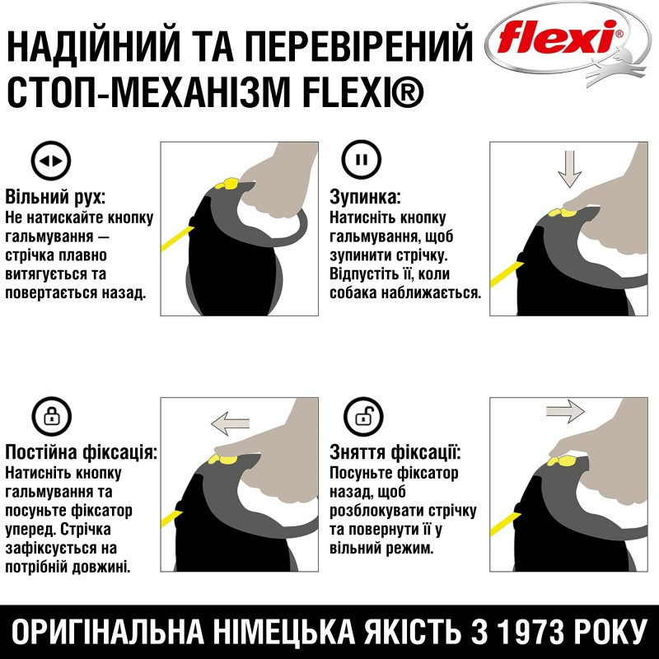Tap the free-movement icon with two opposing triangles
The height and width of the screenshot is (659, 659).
(51, 161)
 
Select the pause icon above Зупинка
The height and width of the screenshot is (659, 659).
(361, 160)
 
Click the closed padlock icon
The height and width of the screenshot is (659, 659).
(52, 417)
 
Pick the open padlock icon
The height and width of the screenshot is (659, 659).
(363, 417)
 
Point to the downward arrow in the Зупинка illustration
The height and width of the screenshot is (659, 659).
(569, 169)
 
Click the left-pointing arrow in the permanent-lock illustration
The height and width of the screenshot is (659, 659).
(231, 423)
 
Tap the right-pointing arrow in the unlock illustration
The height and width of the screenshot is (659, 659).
(565, 411)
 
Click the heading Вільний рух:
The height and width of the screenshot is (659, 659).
(55, 197)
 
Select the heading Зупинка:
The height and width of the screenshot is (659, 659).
(365, 197)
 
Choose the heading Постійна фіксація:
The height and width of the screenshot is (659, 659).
(81, 452)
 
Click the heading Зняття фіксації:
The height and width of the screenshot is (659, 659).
(395, 452)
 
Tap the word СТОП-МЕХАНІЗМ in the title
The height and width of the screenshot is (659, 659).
(149, 91)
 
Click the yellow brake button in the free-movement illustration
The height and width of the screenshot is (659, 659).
(227, 184)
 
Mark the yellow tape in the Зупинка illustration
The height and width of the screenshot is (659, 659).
(507, 274)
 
